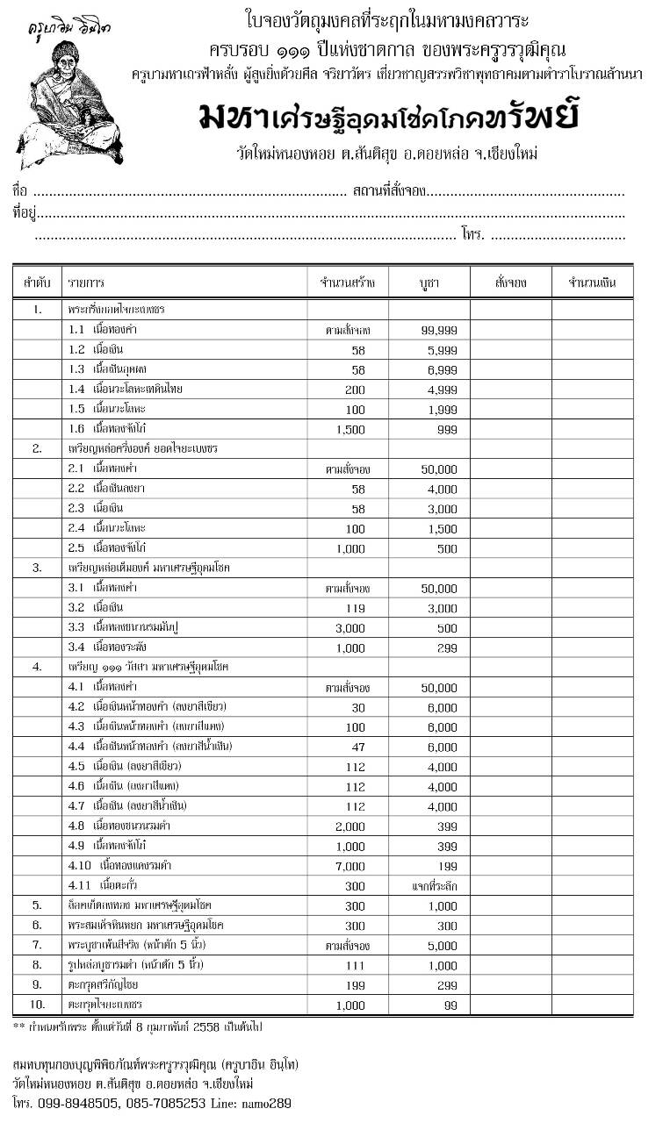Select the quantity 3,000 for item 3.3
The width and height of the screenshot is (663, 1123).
click(351, 627)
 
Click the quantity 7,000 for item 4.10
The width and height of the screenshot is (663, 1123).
click(351, 865)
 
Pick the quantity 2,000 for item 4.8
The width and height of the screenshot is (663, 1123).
click(351, 826)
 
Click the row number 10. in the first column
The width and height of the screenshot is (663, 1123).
click(37, 1004)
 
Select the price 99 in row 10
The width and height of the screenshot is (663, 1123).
click(450, 1004)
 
